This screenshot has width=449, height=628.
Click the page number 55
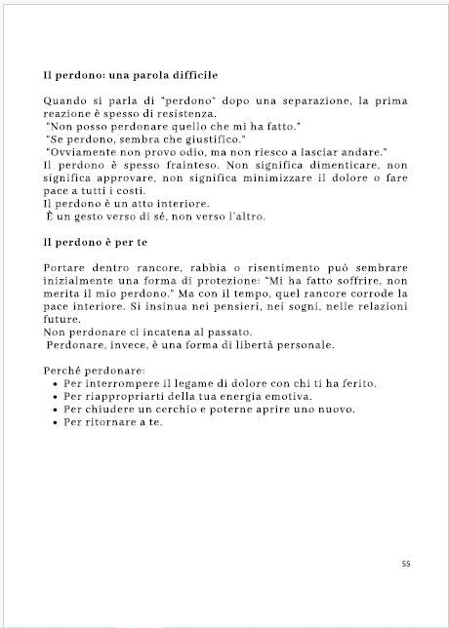(x=405, y=563)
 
